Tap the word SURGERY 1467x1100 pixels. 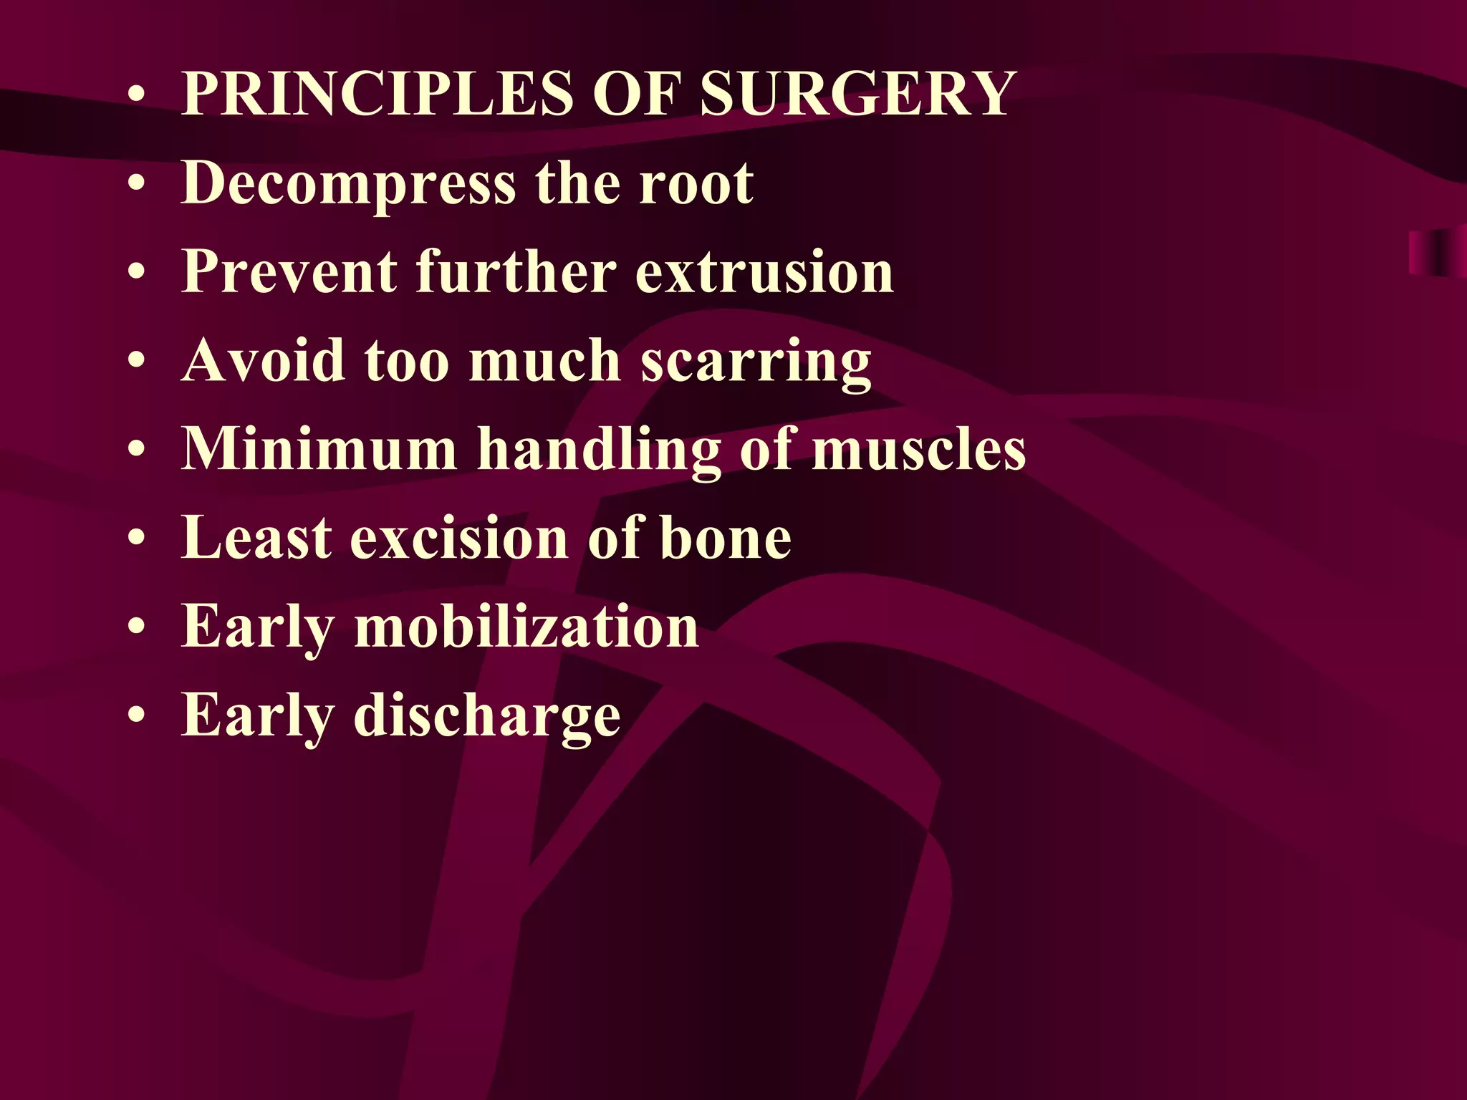857,94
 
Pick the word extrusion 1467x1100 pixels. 764,272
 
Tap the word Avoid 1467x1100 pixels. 263,360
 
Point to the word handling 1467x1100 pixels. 600,450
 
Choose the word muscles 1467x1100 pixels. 919,450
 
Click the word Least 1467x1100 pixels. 256,538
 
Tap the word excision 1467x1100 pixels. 459,539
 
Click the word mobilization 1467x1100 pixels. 526,627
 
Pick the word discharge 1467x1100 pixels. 487,715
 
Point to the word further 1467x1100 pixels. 516,272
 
